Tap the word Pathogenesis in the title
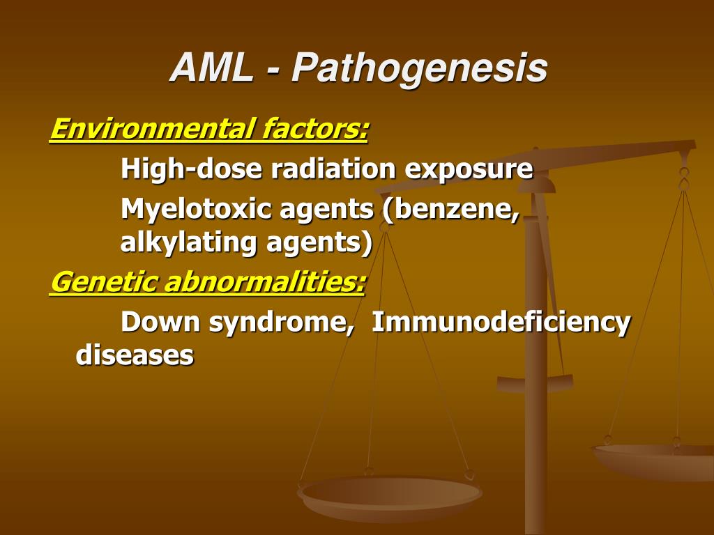click(x=420, y=68)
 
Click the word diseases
click(x=134, y=355)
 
